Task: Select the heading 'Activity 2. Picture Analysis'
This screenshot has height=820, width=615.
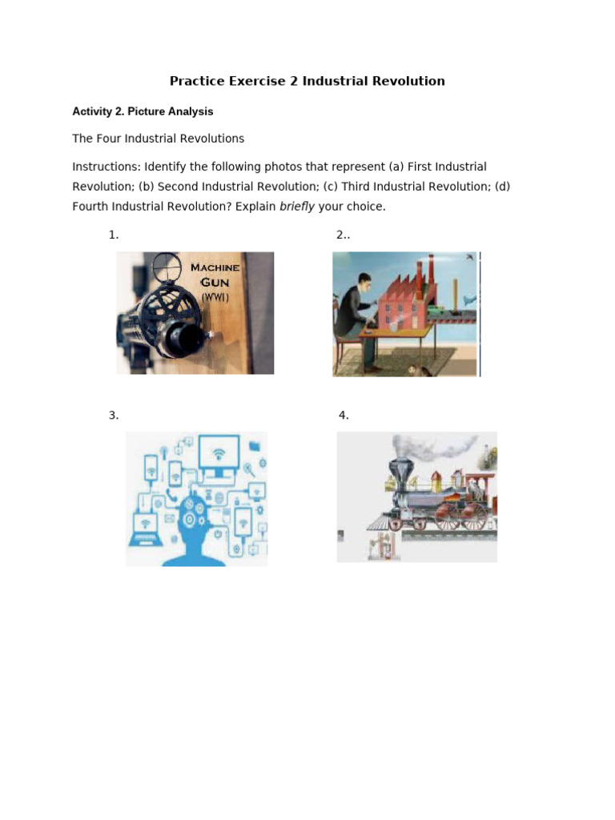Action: (x=143, y=111)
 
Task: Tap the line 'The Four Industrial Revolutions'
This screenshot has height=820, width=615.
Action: (x=158, y=139)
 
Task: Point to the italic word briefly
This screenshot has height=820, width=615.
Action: (x=297, y=207)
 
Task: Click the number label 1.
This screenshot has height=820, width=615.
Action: (x=114, y=235)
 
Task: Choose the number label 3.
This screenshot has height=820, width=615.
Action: (x=114, y=415)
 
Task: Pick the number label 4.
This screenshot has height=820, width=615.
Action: (x=344, y=415)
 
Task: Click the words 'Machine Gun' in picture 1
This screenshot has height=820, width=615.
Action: (x=214, y=275)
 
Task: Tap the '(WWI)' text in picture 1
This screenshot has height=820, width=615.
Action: (x=215, y=298)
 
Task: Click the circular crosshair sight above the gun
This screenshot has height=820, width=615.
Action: (x=166, y=264)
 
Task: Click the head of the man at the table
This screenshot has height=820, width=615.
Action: (x=364, y=283)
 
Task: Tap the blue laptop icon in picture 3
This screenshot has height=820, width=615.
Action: (x=145, y=530)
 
